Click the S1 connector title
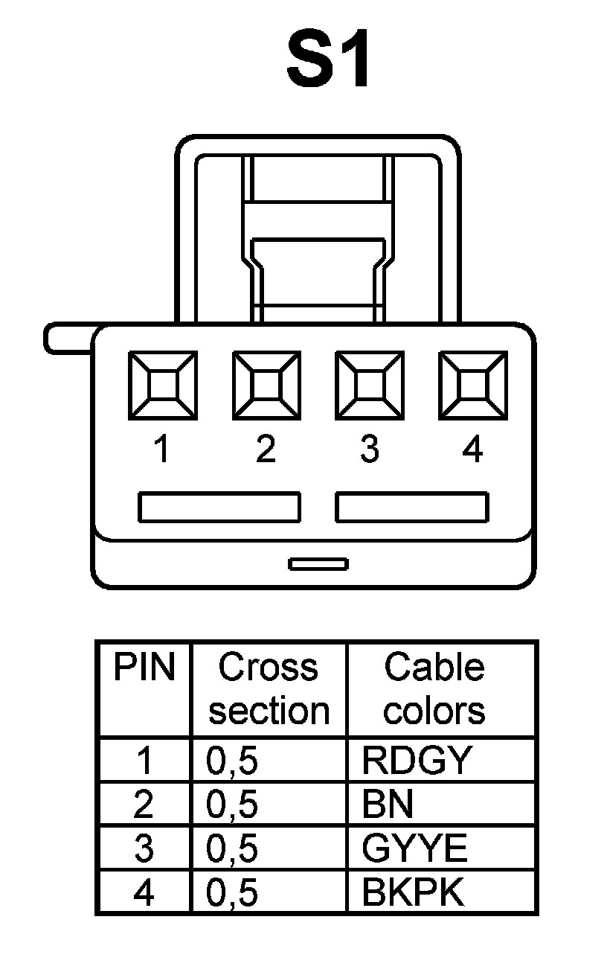click(x=328, y=60)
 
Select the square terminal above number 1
click(x=162, y=386)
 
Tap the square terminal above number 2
click(x=266, y=386)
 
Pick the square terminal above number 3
click(x=369, y=386)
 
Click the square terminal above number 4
click(x=472, y=386)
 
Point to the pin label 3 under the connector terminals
click(x=369, y=449)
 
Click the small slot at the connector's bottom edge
click(x=318, y=563)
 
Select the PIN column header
click(x=144, y=668)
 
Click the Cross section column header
click(x=269, y=688)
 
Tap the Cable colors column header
click(x=434, y=688)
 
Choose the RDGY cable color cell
click(x=417, y=760)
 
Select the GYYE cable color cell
click(x=414, y=848)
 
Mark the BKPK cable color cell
click(x=412, y=892)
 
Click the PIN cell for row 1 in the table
click(x=144, y=760)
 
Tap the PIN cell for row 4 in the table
click(x=144, y=892)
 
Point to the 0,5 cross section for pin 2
click(x=232, y=804)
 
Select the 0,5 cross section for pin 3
click(x=232, y=848)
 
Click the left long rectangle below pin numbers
click(x=219, y=507)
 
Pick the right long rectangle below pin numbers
click(x=412, y=507)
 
